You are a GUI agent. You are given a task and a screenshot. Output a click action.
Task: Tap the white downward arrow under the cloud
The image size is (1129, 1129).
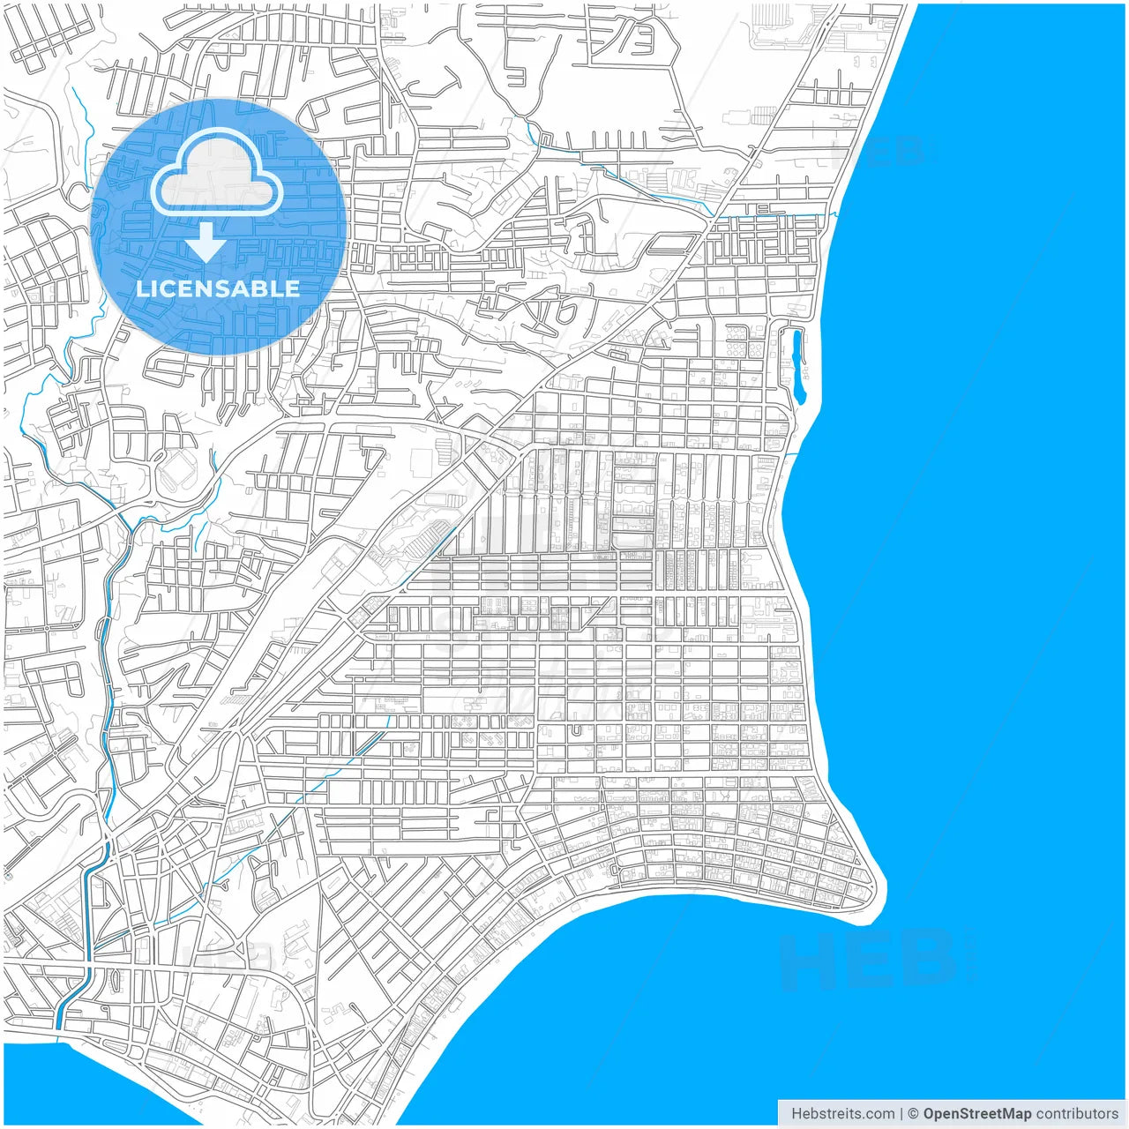click(206, 242)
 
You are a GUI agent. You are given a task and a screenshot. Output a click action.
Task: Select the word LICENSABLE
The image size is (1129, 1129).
click(218, 288)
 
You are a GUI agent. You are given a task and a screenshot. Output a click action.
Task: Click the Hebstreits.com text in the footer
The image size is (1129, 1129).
click(842, 1114)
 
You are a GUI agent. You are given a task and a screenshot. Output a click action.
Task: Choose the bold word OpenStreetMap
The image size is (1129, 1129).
click(976, 1114)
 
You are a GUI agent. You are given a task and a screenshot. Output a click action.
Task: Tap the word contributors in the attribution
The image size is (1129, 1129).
click(1077, 1114)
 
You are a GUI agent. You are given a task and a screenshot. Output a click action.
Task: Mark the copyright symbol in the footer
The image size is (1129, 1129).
click(913, 1114)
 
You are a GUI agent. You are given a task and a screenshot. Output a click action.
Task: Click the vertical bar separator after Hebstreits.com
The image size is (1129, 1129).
click(901, 1114)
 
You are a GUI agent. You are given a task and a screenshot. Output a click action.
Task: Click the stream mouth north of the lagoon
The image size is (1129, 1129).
click(829, 214)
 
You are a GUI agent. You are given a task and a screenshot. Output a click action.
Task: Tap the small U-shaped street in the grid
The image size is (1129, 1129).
click(576, 729)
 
